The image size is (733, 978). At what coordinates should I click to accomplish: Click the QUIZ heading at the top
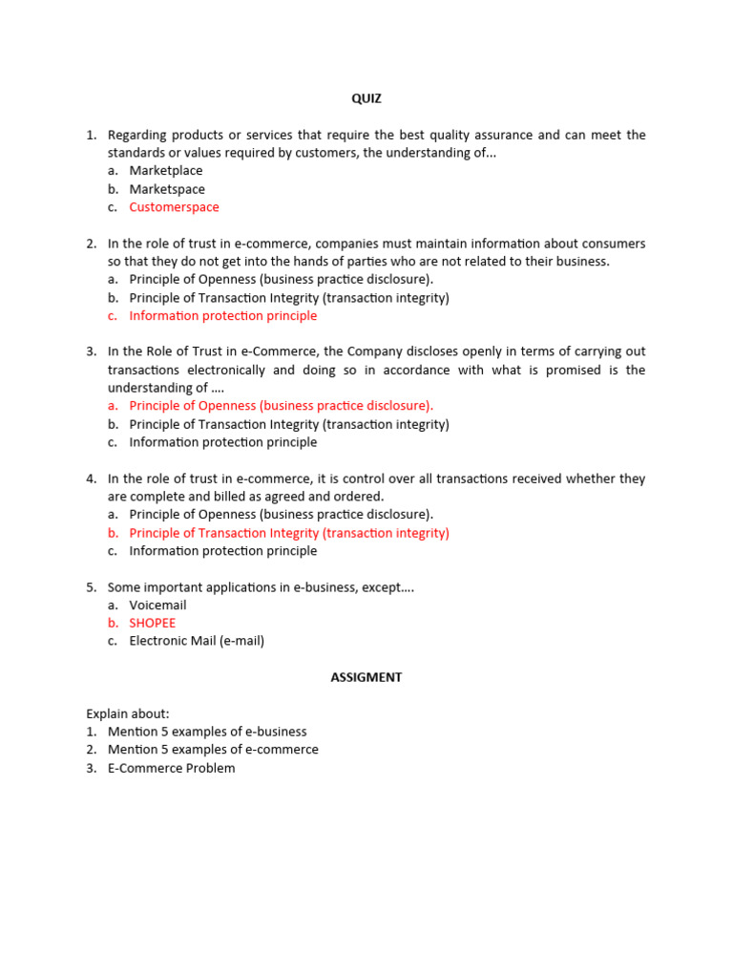[366, 98]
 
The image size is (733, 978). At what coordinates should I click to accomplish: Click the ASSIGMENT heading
[366, 677]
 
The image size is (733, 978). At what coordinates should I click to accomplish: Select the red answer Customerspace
[174, 207]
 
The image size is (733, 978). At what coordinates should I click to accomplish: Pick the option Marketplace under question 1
[166, 171]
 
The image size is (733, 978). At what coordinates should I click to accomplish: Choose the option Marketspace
[167, 189]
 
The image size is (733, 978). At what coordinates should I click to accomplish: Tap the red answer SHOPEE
[153, 623]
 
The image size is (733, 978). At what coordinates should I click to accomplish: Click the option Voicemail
[157, 605]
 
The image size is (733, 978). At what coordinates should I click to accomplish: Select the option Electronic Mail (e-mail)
[197, 641]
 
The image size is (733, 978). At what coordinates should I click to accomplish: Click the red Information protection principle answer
[223, 315]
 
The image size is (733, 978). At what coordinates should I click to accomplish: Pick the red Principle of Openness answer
[281, 406]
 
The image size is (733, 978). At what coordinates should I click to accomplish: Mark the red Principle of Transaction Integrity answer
[288, 533]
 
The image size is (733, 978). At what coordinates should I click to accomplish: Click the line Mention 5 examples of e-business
[213, 732]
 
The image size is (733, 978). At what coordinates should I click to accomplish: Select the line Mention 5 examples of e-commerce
[213, 750]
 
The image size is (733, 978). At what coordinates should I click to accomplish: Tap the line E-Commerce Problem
[171, 768]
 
